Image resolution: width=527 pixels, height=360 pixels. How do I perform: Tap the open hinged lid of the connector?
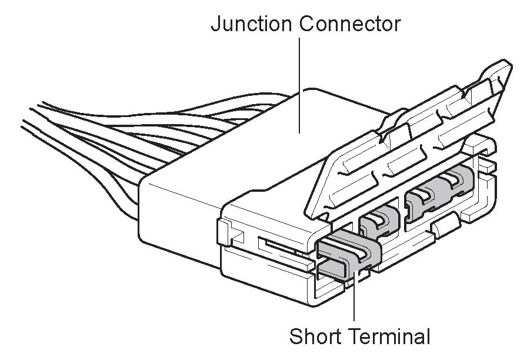pos(406,147)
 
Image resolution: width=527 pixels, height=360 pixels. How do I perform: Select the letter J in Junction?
pos(215,24)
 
